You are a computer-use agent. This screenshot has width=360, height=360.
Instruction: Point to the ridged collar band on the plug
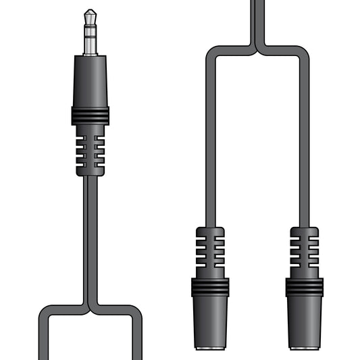pos(90,115)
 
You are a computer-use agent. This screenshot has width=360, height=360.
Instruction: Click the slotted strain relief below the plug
pos(90,151)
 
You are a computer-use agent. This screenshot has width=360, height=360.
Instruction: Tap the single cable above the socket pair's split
pos(257,20)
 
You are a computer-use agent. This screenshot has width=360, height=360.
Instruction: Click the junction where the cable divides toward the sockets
pos(257,49)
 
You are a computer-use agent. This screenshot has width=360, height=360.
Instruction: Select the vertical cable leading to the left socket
pos(210,135)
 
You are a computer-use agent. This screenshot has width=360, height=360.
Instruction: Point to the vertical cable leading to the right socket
pos(304,135)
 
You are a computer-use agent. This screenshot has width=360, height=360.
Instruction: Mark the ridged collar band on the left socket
pos(210,287)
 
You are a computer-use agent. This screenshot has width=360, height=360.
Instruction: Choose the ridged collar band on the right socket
pos(304,287)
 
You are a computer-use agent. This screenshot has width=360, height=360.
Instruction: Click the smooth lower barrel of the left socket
pos(210,321)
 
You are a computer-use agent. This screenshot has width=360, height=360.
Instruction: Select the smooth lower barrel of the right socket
pos(304,321)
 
